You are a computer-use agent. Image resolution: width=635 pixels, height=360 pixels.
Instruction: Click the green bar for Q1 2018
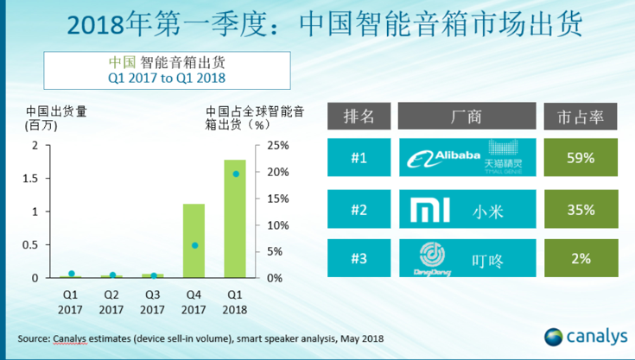(x=234, y=219)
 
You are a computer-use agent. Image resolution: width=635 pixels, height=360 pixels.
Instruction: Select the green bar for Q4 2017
(x=194, y=241)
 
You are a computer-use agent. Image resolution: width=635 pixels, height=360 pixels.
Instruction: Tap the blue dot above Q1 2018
(x=235, y=174)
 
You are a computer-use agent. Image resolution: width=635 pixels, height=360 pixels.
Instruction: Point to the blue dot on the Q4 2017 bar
(x=194, y=245)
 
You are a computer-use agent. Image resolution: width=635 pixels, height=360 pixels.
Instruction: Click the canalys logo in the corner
(x=580, y=335)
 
